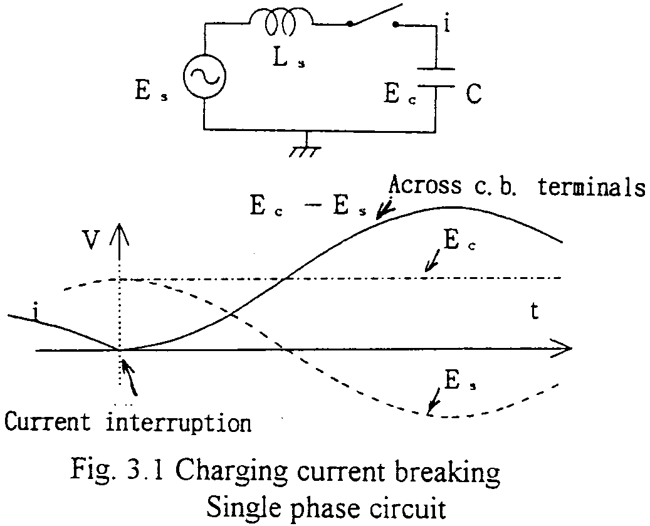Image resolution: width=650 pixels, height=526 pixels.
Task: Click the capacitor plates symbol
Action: (435, 78)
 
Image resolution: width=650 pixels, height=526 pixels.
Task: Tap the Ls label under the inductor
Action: (289, 61)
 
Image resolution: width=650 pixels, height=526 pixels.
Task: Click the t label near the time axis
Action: (534, 312)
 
